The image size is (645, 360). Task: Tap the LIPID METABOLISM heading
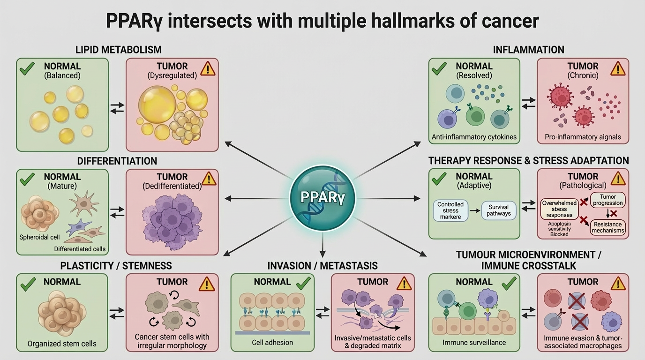click(118, 49)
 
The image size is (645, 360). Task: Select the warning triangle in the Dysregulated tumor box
click(207, 69)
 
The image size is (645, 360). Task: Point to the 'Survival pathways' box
click(499, 210)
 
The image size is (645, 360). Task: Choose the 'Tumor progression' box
click(607, 199)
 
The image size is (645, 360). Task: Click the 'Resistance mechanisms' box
click(607, 227)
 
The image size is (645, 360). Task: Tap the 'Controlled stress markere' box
click(450, 210)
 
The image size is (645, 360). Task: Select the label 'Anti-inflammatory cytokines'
click(473, 137)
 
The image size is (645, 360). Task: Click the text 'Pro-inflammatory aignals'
click(582, 137)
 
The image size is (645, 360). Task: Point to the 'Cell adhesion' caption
click(272, 342)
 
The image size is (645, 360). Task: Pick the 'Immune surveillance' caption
click(474, 342)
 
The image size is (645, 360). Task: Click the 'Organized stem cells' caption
click(62, 343)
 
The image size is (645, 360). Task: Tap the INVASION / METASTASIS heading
click(322, 266)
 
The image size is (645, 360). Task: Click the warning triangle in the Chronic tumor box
click(618, 69)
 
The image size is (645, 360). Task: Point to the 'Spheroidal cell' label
click(39, 237)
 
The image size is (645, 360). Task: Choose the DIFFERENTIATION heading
click(117, 161)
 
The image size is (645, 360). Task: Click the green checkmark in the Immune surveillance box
click(508, 283)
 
